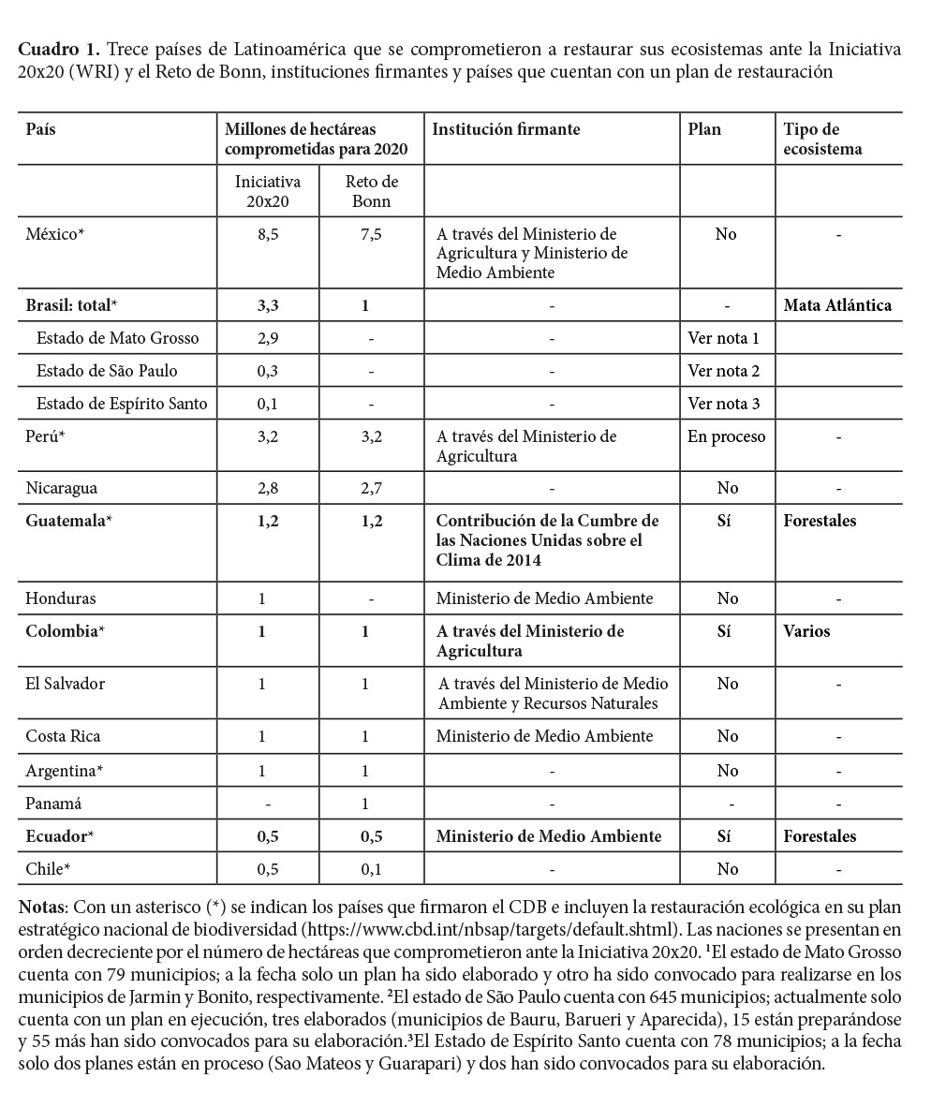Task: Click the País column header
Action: [40, 129]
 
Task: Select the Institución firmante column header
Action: [506, 129]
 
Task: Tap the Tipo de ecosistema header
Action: [821, 139]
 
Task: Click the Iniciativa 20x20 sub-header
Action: [268, 191]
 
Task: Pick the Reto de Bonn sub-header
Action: [372, 191]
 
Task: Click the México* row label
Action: [54, 234]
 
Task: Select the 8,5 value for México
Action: [268, 234]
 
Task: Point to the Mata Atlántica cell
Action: [837, 305]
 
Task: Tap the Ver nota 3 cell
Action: [723, 404]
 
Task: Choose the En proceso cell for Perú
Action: [726, 436]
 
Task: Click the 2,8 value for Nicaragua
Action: [268, 488]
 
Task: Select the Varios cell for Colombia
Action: [806, 631]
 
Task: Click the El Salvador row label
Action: [65, 684]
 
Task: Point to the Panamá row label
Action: [53, 804]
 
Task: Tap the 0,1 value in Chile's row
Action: [372, 869]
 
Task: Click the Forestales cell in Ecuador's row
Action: [820, 836]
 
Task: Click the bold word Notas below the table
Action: [41, 907]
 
